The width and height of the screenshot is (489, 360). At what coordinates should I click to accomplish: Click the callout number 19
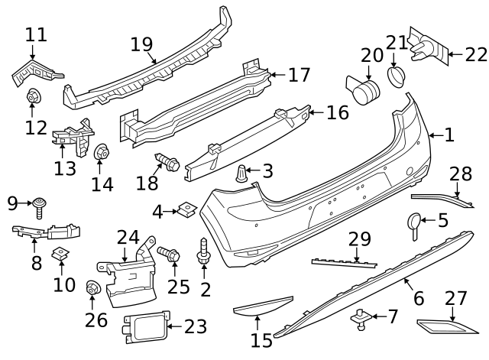tap(141, 44)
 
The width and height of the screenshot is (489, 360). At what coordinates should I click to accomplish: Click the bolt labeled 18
tap(167, 163)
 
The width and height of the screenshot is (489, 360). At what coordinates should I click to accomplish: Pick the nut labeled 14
tap(100, 155)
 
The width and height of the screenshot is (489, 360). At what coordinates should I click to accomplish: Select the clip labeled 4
tap(186, 209)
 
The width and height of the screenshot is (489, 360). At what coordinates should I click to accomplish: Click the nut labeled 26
tap(94, 289)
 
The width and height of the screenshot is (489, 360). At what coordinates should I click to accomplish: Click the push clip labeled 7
tap(361, 315)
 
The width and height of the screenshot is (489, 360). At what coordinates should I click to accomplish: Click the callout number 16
tap(337, 113)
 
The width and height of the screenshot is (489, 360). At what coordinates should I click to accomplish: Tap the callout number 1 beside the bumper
tap(449, 135)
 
